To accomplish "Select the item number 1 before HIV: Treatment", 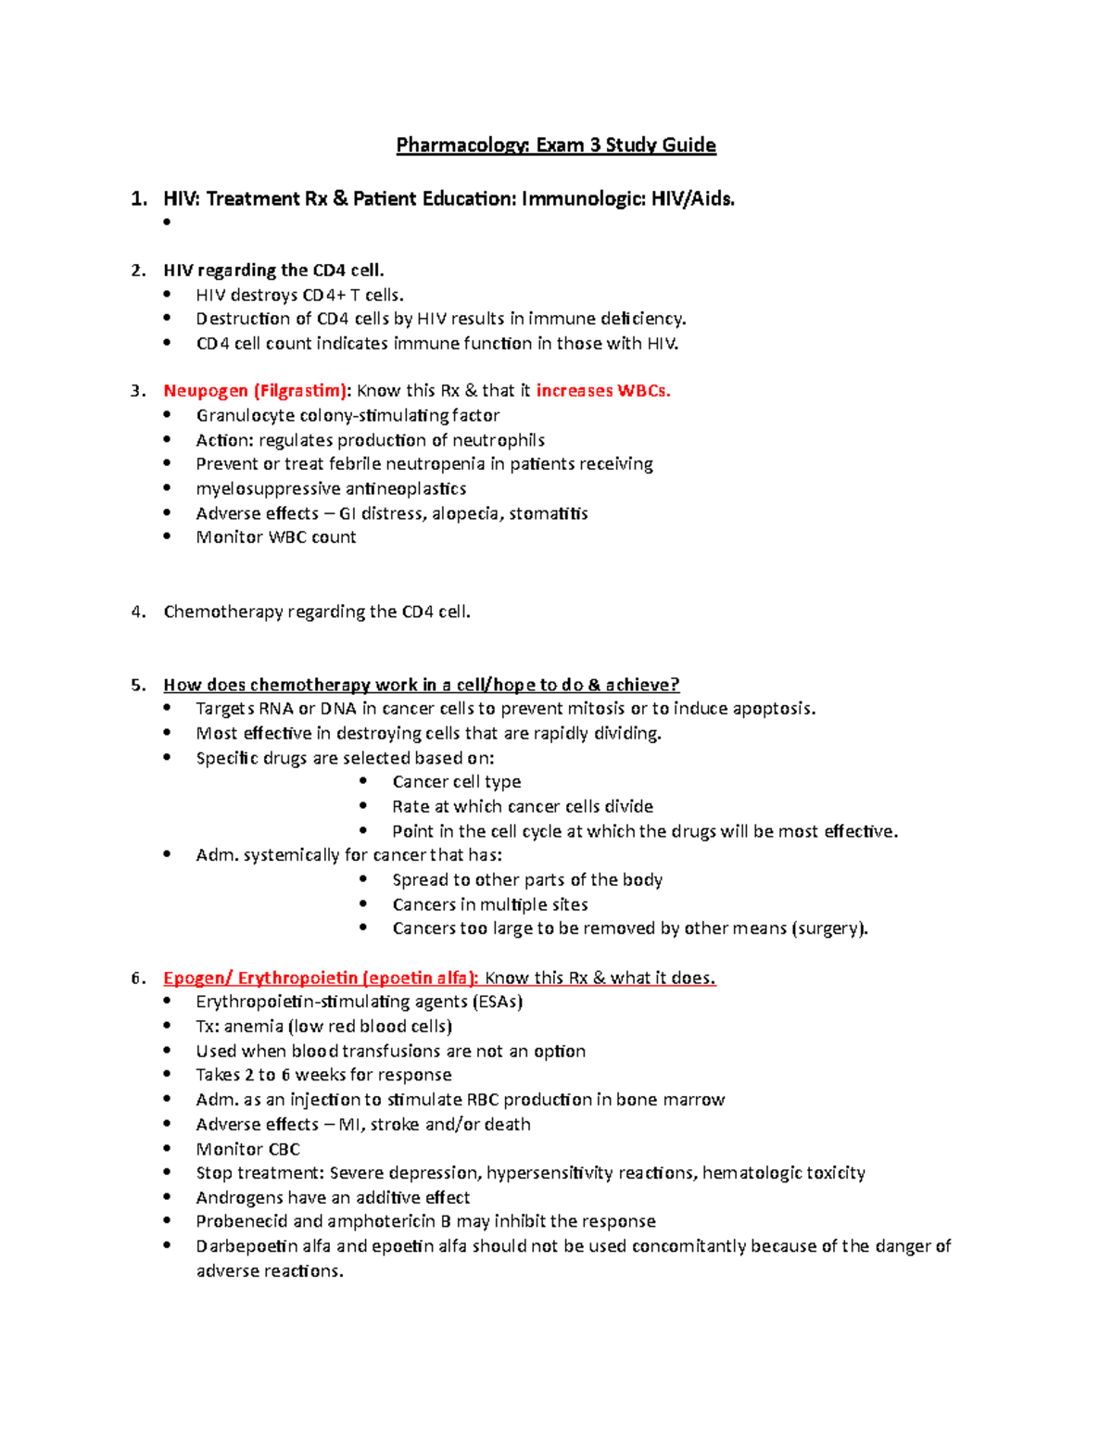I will click(138, 198).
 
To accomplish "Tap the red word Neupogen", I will click(206, 391).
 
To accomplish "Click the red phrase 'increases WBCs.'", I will click(603, 391).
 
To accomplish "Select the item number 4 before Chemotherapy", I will click(137, 612).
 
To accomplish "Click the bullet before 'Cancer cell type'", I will click(364, 782).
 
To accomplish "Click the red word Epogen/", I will click(197, 978).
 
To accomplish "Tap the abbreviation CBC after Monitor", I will click(284, 1149).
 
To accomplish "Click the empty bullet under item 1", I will click(168, 222).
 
